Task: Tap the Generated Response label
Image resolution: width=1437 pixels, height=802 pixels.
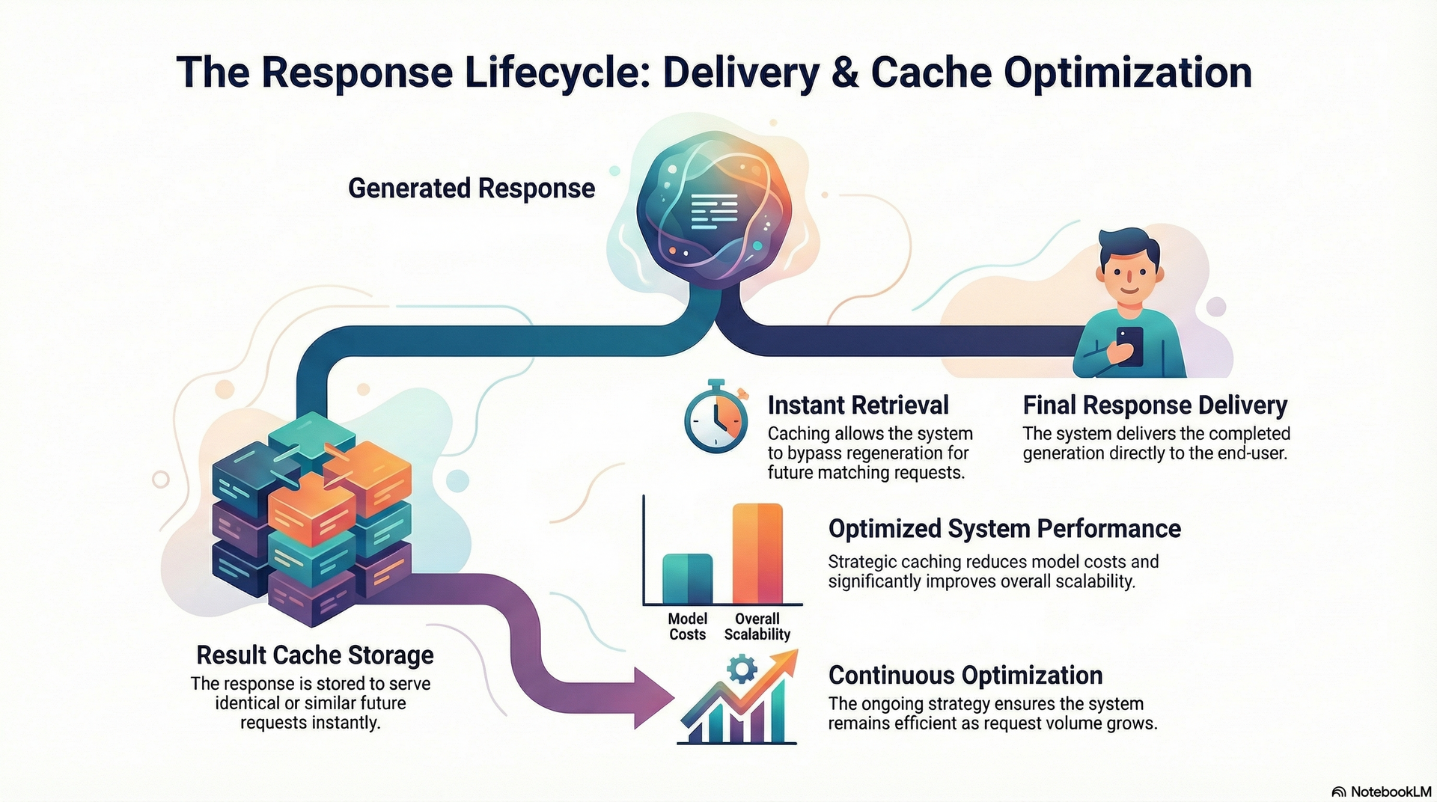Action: click(472, 188)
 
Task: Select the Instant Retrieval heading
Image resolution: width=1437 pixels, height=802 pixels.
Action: click(858, 405)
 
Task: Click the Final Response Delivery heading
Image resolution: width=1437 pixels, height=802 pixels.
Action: click(1154, 405)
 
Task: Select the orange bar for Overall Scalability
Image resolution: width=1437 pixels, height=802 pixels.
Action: click(757, 554)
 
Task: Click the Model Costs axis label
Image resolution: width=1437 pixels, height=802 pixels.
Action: click(687, 626)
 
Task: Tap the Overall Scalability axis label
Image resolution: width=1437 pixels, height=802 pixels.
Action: click(757, 626)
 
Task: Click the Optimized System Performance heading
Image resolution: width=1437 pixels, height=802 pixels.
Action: click(1004, 528)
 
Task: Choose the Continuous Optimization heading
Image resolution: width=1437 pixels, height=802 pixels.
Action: click(965, 675)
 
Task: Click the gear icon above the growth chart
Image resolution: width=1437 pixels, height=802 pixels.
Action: click(742, 668)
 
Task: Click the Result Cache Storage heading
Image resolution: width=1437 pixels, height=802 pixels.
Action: click(314, 655)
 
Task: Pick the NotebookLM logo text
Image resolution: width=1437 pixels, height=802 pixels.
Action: click(1390, 792)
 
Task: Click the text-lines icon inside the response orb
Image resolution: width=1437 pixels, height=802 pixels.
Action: click(714, 211)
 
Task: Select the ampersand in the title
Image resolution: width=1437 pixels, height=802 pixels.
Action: click(845, 73)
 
